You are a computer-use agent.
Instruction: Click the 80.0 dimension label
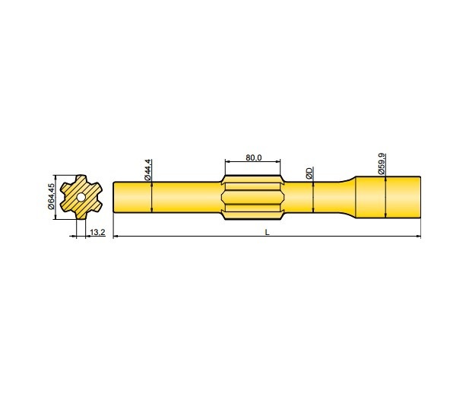[253, 157]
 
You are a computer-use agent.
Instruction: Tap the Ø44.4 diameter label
[148, 170]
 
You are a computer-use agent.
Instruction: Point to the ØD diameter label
[309, 173]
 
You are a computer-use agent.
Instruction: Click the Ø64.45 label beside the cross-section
[51, 196]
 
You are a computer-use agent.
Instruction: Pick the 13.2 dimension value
[97, 231]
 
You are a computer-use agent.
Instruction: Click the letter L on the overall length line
[267, 232]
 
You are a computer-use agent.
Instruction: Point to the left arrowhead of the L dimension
[116, 237]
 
